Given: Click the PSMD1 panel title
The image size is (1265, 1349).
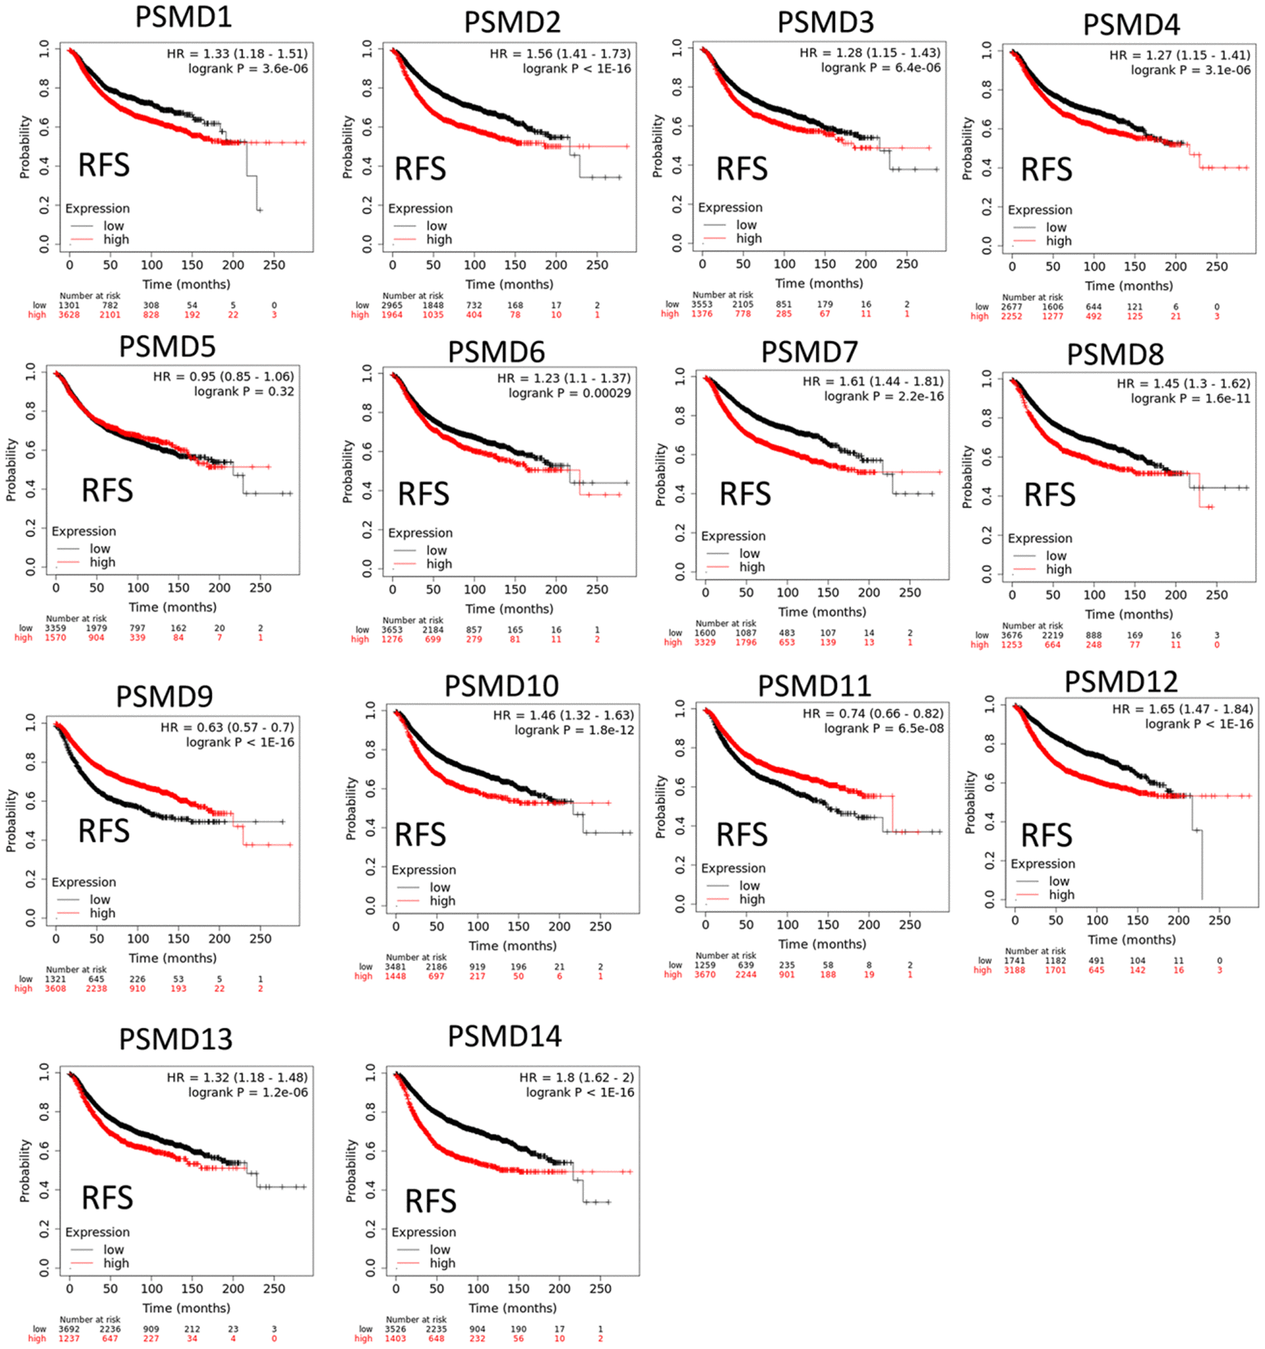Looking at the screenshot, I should [183, 17].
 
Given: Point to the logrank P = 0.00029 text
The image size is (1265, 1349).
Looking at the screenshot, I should [569, 393].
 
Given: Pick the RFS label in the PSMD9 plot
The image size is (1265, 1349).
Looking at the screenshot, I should [104, 830].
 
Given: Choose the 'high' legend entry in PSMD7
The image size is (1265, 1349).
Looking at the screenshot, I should [752, 567].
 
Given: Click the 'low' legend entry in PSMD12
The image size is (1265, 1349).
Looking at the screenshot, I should [1059, 881].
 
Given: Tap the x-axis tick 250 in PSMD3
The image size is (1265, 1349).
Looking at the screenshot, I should [907, 264].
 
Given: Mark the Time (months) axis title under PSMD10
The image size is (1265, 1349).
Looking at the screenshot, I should [512, 945].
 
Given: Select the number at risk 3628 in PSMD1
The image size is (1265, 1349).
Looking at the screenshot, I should [69, 315].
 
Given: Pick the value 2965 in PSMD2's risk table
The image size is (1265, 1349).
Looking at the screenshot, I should [392, 305].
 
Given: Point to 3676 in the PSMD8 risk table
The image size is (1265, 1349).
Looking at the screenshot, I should [1012, 635].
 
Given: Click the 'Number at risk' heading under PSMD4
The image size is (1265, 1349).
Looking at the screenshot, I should [1032, 297].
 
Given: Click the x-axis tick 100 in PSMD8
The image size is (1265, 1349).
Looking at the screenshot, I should [1094, 594].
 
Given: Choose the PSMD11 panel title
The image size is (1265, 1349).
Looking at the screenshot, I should [814, 686].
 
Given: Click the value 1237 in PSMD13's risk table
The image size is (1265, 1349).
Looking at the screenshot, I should [69, 1339].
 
